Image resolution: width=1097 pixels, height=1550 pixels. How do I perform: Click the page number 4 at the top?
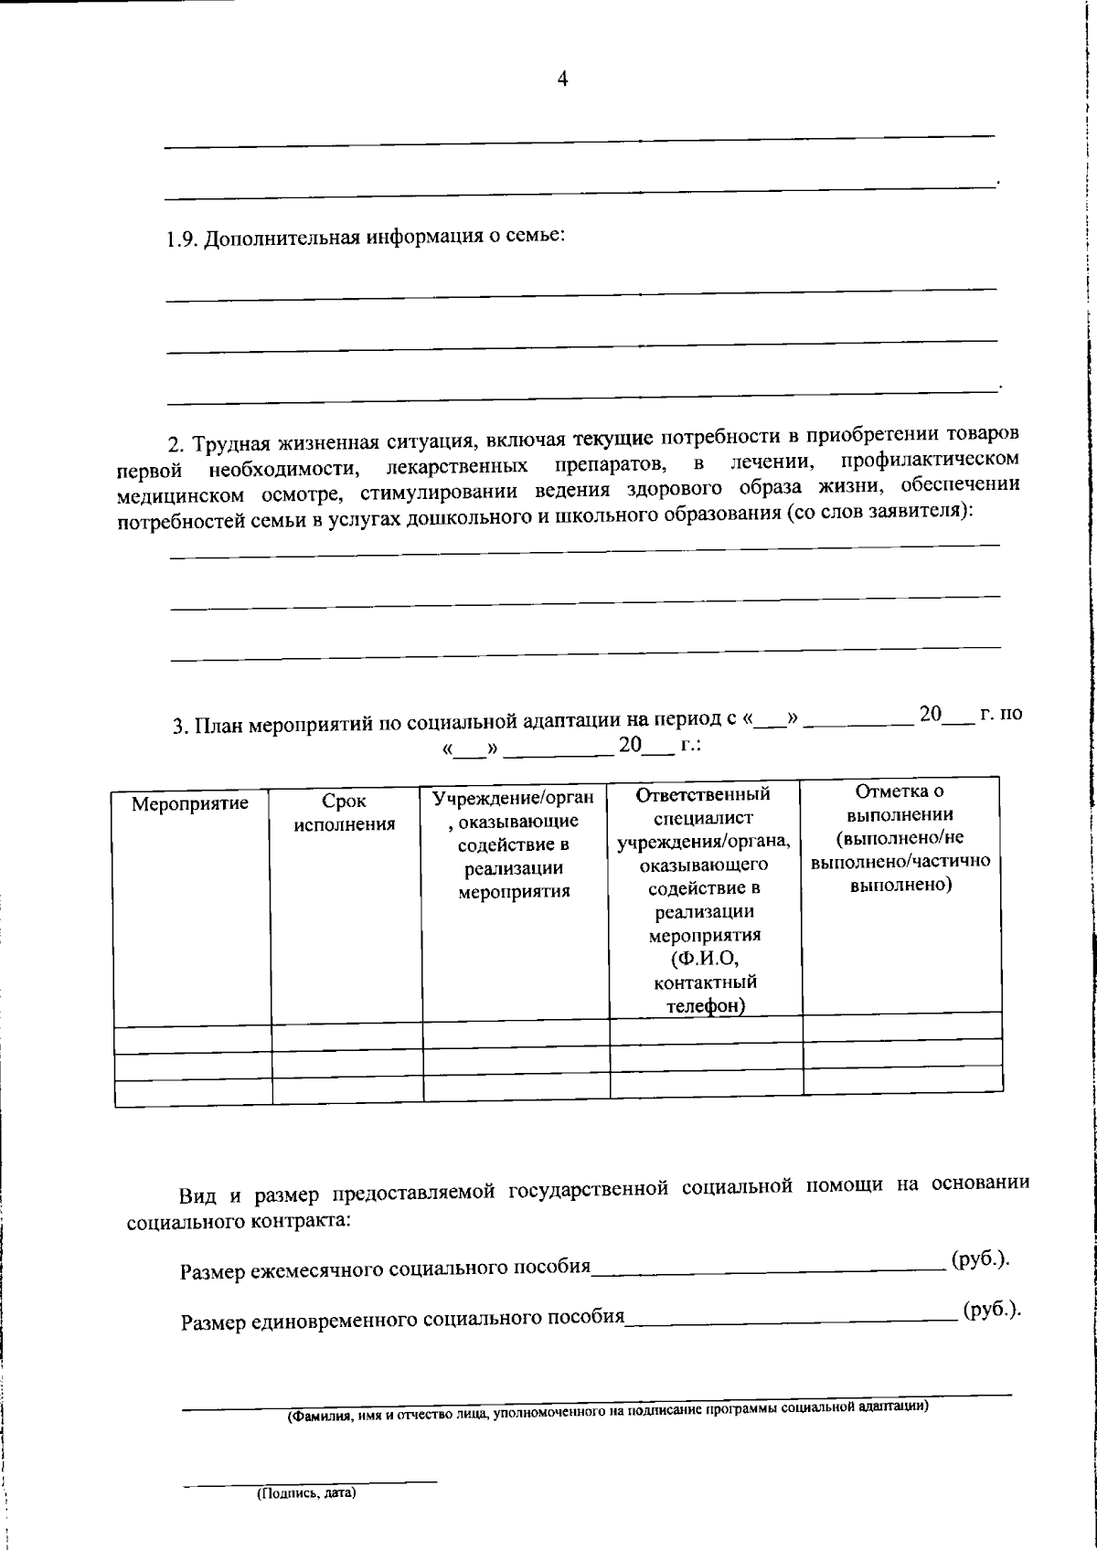(562, 80)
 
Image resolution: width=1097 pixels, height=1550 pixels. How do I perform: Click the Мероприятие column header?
(190, 804)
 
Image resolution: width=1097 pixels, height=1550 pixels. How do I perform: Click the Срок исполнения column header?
(345, 812)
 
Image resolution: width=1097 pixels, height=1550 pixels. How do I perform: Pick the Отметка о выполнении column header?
(900, 838)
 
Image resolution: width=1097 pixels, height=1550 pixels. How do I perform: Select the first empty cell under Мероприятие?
(192, 1039)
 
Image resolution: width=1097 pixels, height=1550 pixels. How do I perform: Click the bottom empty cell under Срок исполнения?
(346, 1090)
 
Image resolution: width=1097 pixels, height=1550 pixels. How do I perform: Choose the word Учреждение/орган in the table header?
(513, 798)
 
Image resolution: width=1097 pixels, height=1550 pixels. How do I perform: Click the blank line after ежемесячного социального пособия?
(768, 1267)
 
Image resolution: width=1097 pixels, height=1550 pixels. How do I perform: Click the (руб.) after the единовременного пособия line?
(992, 1310)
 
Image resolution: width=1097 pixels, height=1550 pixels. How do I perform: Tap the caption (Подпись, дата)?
(305, 1494)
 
